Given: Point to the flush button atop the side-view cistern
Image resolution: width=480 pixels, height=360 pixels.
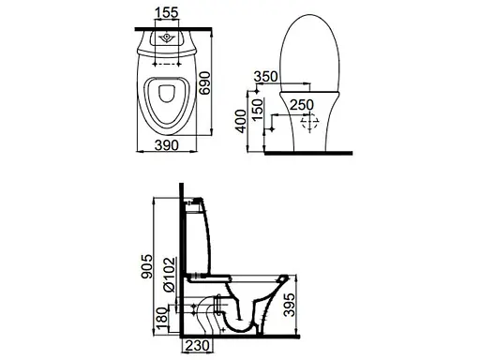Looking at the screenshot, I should pos(198,200).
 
